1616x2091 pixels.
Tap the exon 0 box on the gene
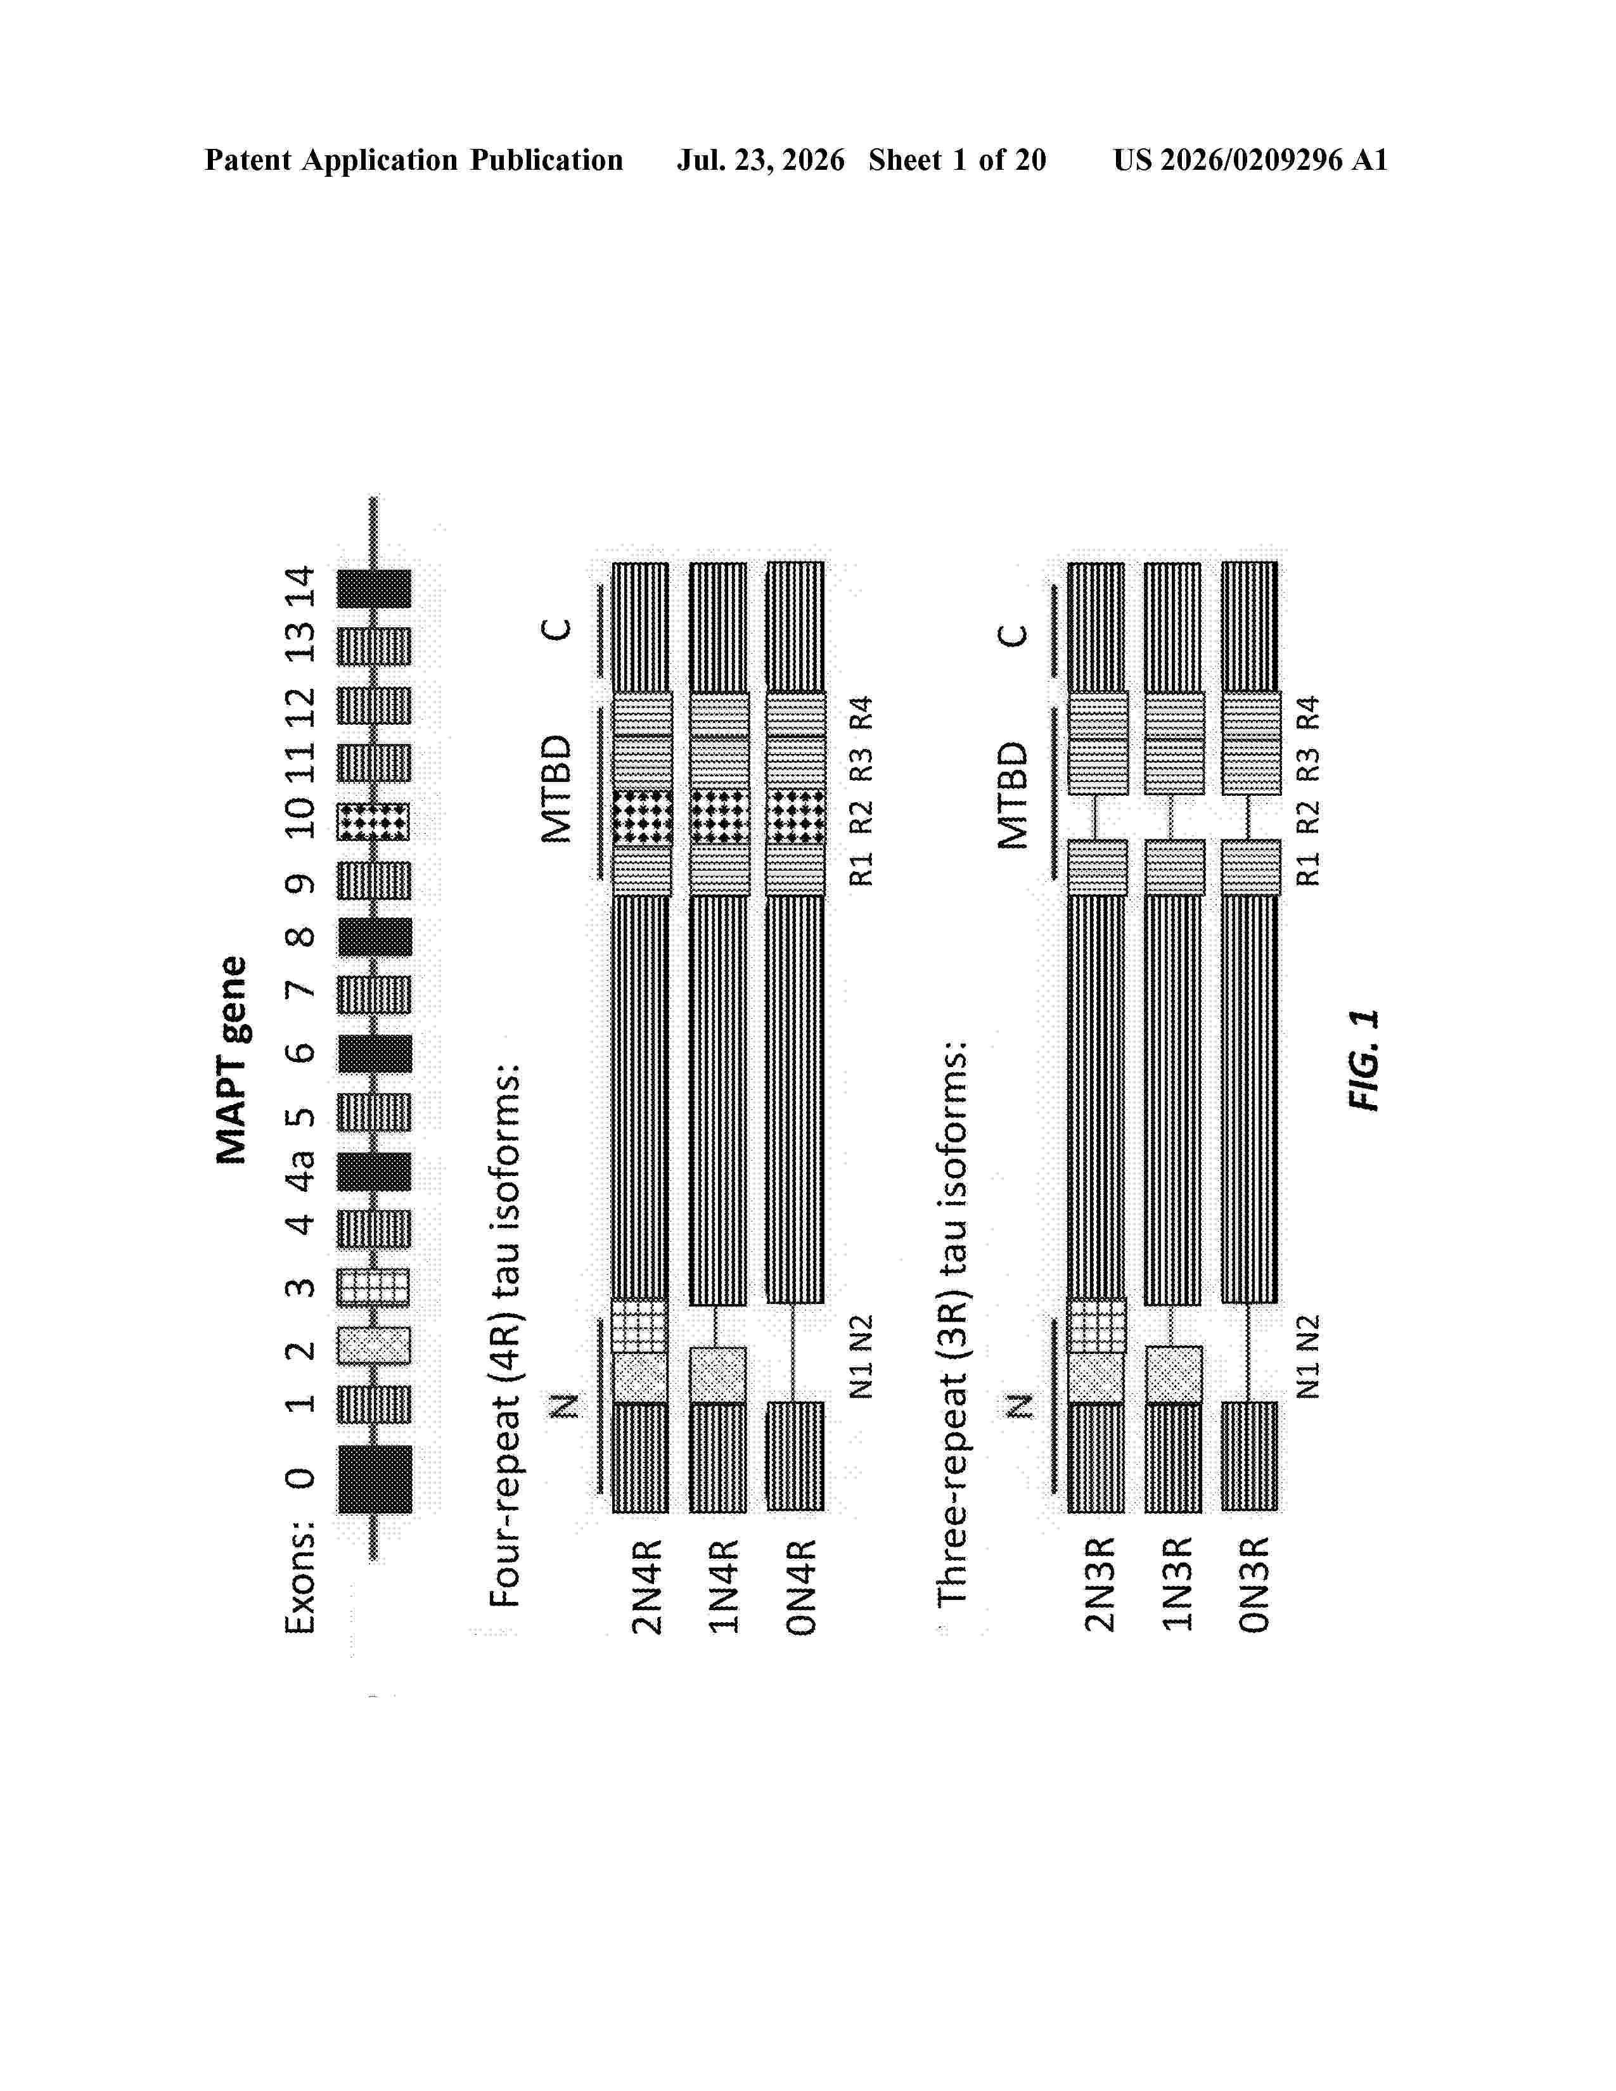(x=375, y=1479)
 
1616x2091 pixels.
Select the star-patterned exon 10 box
(x=373, y=821)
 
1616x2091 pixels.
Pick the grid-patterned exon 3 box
(x=373, y=1288)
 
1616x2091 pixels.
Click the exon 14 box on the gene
(x=375, y=589)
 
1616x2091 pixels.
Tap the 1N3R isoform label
(x=1177, y=1585)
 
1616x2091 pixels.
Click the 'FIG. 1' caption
(x=1363, y=1060)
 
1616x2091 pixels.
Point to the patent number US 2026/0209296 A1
(x=1250, y=160)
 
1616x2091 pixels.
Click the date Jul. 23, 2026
(x=761, y=160)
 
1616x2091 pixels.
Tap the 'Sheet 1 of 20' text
(x=958, y=160)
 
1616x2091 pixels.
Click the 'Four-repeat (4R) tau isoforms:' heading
(x=504, y=1334)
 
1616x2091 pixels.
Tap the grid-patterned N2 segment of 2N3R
(x=1097, y=1326)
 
